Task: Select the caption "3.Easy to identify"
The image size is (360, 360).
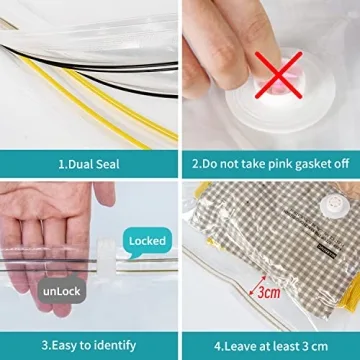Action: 89,345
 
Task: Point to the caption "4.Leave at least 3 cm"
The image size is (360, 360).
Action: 270,345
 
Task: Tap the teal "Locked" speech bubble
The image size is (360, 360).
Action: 147,241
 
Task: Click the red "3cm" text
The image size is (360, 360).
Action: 269,294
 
